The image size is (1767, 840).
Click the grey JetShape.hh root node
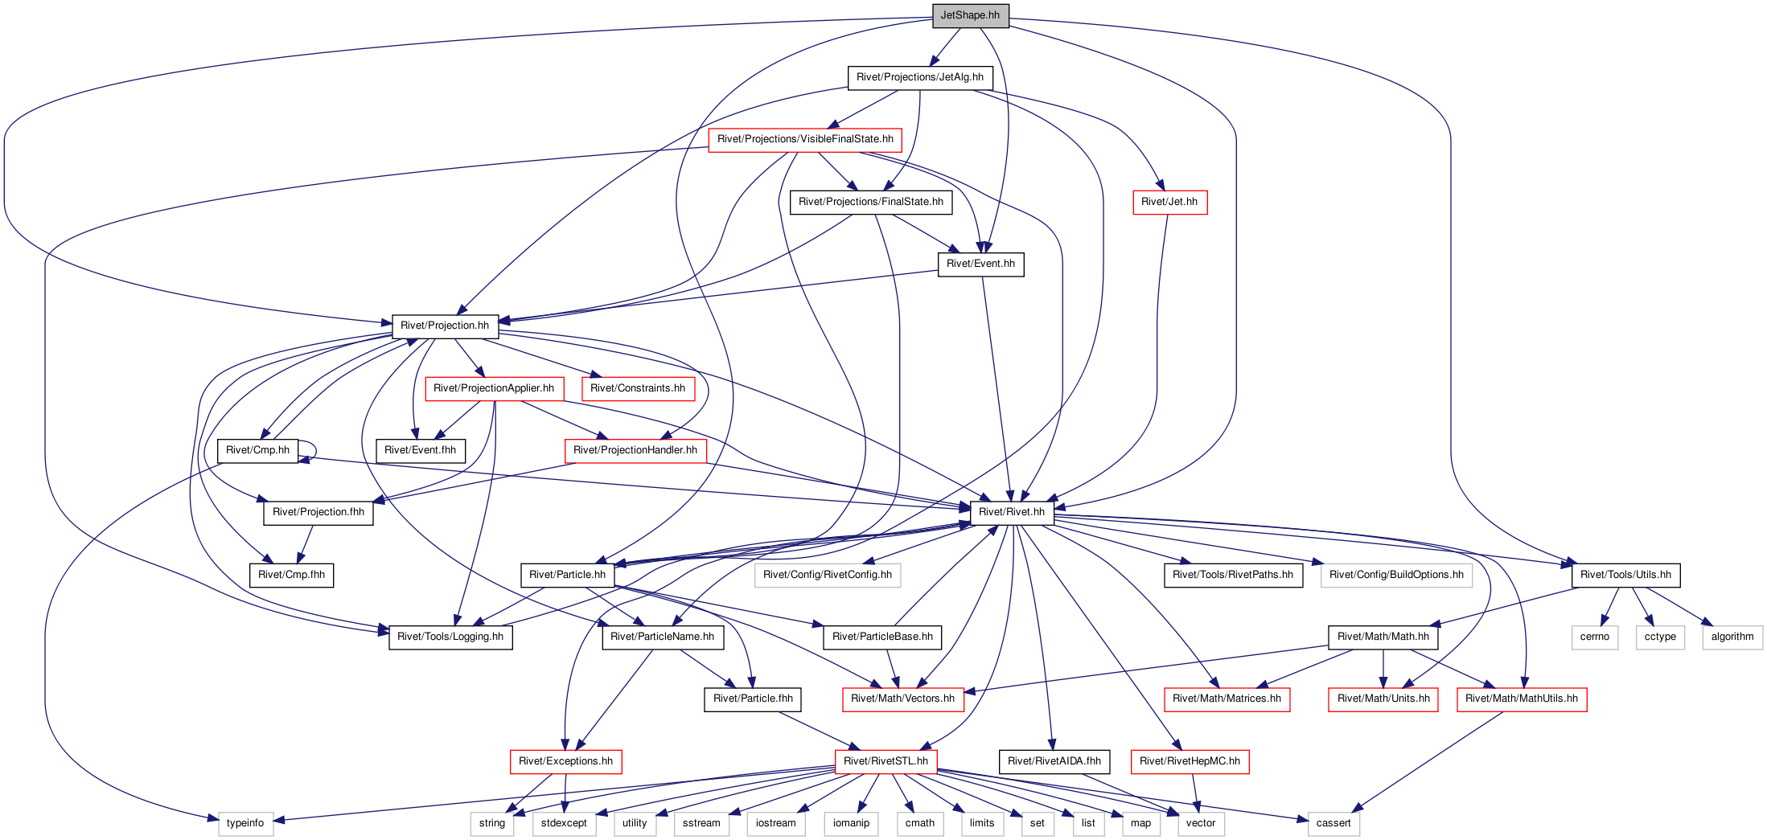click(x=970, y=15)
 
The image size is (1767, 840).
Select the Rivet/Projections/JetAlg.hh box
click(x=920, y=78)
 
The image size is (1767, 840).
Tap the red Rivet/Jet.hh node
click(x=1169, y=203)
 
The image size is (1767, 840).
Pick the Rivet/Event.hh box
click(x=980, y=264)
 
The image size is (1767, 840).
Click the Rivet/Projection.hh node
click(x=445, y=326)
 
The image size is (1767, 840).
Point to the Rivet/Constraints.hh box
click(x=638, y=389)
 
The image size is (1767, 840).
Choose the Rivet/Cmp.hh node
click(x=257, y=451)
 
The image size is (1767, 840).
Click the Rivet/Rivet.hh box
click(x=1012, y=513)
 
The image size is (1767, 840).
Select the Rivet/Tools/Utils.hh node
click(x=1625, y=576)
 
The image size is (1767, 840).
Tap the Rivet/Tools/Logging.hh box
click(x=450, y=637)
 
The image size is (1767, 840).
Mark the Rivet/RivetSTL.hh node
click(x=886, y=762)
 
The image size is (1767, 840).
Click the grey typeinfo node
click(x=245, y=824)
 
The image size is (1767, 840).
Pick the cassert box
click(x=1333, y=824)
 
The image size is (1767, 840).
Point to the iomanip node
click(x=851, y=824)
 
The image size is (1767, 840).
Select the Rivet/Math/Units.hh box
click(x=1383, y=699)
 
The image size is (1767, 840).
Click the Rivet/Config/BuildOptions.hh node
click(x=1396, y=576)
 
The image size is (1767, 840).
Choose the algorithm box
click(x=1732, y=637)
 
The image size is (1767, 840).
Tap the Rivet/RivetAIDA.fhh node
click(x=1054, y=762)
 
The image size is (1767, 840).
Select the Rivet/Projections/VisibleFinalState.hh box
click(x=805, y=140)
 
